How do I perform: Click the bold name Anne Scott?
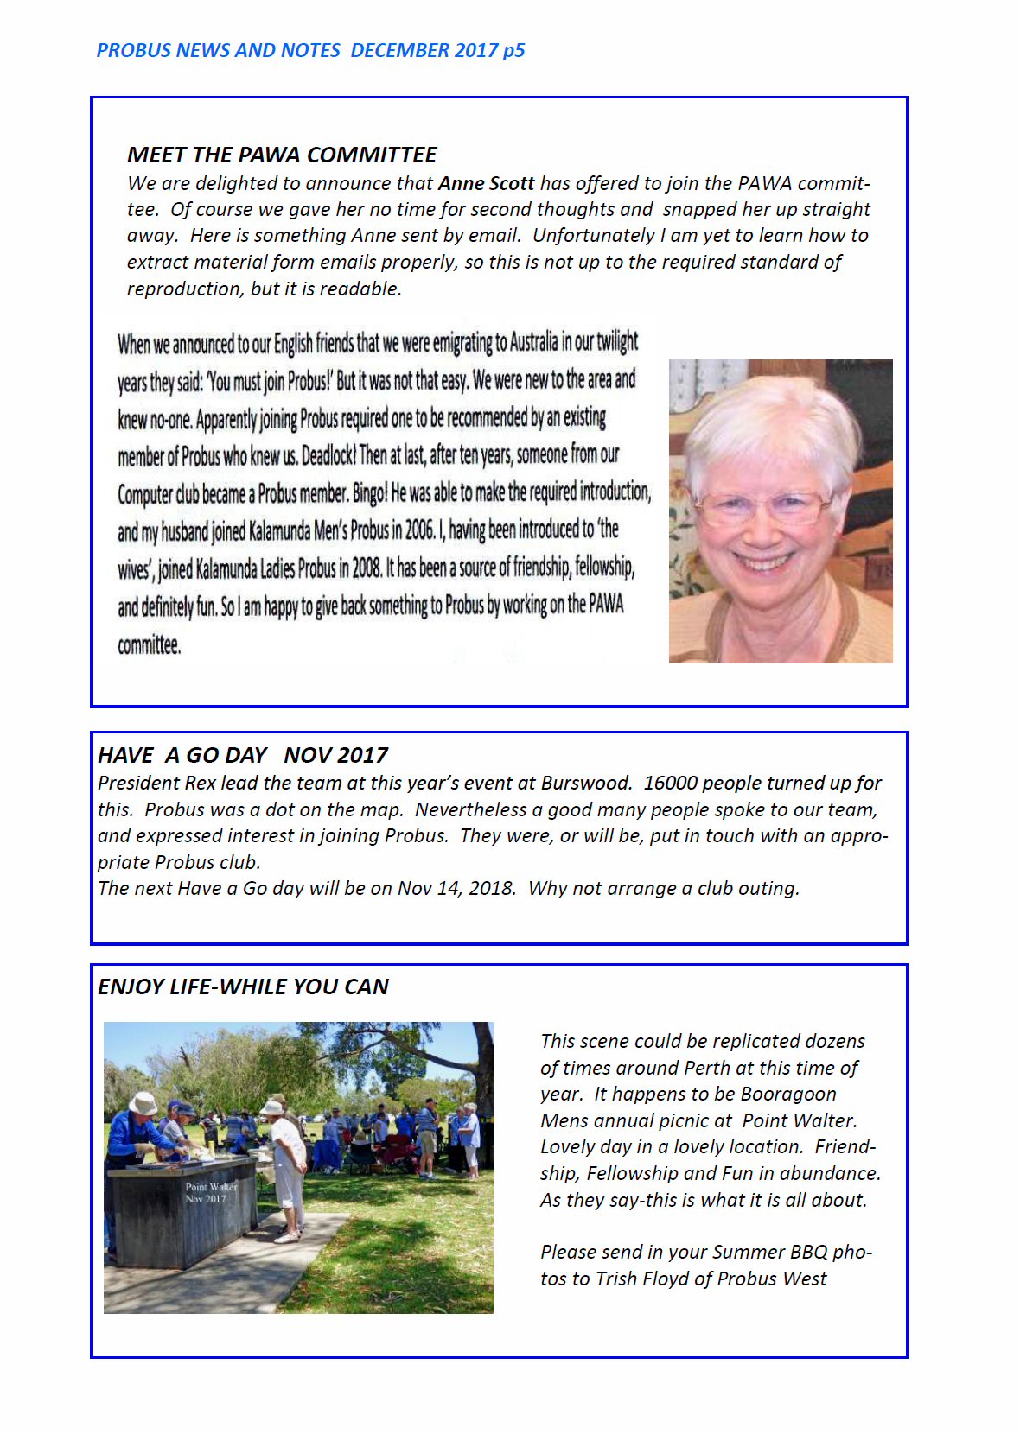pos(486,183)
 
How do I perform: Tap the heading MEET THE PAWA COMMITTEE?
pos(282,155)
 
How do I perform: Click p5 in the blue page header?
pos(514,50)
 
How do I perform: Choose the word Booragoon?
pos(788,1094)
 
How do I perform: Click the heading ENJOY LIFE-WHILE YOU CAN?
pos(243,987)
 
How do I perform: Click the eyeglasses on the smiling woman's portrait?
pos(762,507)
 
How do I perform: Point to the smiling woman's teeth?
pos(762,564)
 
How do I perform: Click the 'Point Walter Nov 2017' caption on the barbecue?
pos(210,1192)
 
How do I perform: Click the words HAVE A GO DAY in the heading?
pos(182,755)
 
